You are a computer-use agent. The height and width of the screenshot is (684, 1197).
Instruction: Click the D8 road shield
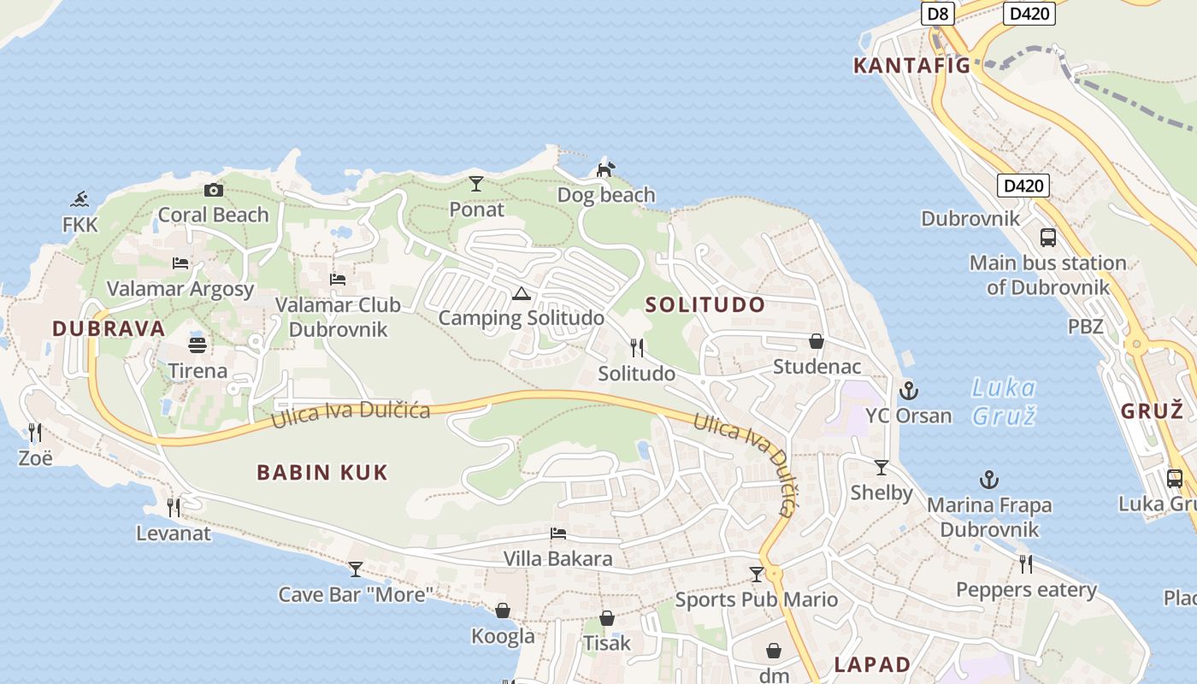click(x=938, y=13)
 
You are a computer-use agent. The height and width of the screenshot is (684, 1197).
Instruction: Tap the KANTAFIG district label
click(x=911, y=66)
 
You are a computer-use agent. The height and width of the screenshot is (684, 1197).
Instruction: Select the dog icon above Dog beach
click(x=605, y=169)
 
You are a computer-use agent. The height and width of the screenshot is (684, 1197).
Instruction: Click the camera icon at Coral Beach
click(x=214, y=190)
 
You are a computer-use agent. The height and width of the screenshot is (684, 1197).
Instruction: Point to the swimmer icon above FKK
click(x=80, y=200)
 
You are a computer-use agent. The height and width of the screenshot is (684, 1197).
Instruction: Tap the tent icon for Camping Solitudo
click(x=521, y=294)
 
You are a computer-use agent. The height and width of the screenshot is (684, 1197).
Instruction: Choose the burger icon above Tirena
click(x=198, y=345)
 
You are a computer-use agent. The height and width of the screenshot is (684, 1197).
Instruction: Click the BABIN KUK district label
click(x=322, y=472)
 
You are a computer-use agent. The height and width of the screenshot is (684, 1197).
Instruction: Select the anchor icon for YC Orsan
click(x=908, y=392)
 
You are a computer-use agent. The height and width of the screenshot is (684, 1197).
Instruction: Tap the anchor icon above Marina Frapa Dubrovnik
click(x=989, y=480)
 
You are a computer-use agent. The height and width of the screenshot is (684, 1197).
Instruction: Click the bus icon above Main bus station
click(x=1047, y=238)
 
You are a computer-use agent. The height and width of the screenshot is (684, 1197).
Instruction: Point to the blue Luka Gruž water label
click(x=1004, y=402)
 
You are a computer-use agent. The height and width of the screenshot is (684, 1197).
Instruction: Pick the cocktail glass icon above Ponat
click(x=476, y=184)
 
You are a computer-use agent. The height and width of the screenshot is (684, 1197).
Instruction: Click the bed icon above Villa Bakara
click(x=557, y=534)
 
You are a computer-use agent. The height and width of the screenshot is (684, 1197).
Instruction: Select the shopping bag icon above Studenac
click(x=817, y=341)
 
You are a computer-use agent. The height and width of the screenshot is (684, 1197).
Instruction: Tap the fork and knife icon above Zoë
click(x=35, y=432)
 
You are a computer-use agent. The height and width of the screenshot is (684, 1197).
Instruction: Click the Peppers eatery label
click(x=1026, y=590)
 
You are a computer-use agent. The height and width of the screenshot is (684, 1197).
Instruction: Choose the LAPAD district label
click(x=872, y=664)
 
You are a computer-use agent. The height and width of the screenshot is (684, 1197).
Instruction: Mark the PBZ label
click(x=1086, y=326)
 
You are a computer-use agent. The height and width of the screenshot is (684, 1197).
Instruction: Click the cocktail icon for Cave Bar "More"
click(x=356, y=569)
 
